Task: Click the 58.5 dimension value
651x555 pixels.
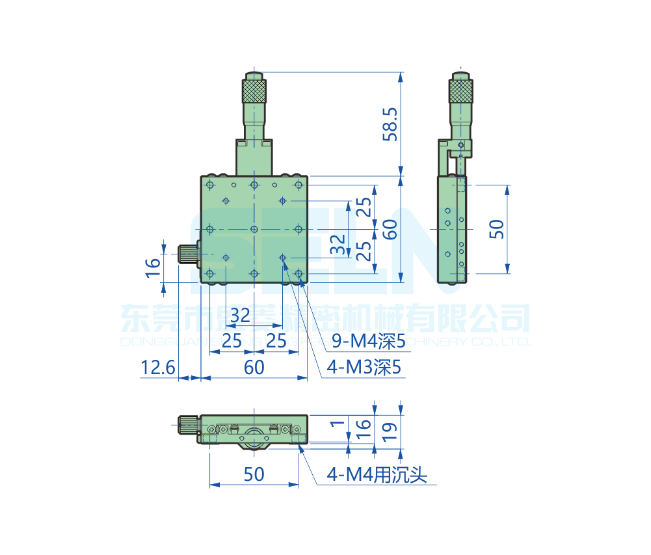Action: (390, 124)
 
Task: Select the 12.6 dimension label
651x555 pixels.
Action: (158, 368)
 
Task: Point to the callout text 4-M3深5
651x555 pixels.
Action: (365, 368)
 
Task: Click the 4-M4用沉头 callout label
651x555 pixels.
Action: (377, 476)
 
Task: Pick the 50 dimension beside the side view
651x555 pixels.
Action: (497, 229)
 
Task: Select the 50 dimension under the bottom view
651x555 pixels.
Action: (254, 474)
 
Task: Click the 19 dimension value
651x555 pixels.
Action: (391, 430)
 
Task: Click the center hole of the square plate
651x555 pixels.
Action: (254, 229)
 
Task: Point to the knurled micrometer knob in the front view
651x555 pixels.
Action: (254, 90)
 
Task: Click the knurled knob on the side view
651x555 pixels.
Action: (461, 90)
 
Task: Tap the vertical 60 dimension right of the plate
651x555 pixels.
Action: (390, 229)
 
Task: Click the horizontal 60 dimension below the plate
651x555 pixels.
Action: (254, 368)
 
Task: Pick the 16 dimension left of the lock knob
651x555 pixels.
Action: (152, 267)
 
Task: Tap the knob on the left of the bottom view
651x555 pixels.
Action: (187, 426)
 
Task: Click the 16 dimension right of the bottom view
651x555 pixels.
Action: (364, 427)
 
